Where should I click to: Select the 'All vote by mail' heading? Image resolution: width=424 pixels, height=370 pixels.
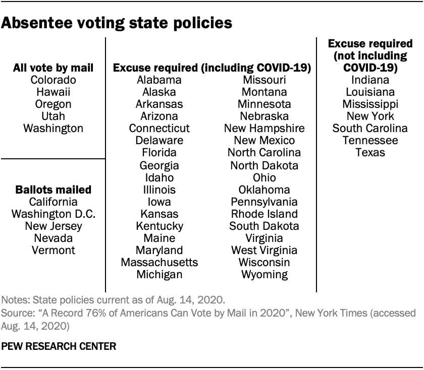[53, 68]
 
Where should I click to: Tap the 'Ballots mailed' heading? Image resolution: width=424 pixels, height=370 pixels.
[53, 190]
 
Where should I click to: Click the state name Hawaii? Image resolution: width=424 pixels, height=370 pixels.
[53, 92]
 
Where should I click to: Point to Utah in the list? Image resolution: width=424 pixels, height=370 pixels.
[53, 116]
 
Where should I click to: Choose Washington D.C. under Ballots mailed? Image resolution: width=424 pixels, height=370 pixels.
[53, 214]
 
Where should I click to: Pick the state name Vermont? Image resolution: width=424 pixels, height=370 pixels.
[53, 251]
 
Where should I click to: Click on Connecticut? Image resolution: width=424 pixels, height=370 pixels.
[159, 129]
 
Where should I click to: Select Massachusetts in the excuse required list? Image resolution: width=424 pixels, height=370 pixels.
[159, 263]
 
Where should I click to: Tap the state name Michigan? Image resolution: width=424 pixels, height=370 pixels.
[159, 275]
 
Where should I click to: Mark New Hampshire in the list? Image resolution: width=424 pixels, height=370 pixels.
[264, 129]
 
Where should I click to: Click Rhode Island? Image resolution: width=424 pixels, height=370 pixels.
[264, 214]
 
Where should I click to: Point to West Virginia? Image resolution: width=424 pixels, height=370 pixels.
[264, 251]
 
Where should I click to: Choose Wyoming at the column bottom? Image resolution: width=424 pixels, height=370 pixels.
[264, 275]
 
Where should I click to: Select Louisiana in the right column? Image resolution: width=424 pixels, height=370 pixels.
[370, 92]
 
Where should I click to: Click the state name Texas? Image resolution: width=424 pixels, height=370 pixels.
[370, 153]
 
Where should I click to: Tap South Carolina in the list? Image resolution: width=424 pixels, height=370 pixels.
[370, 129]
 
